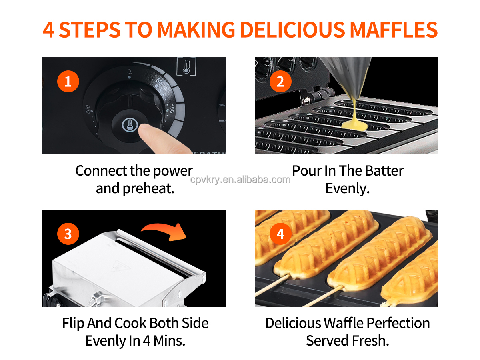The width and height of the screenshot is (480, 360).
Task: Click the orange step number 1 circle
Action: (x=68, y=81)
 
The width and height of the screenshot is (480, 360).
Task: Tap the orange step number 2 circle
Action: (x=280, y=81)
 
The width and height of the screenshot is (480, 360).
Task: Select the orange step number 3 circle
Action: (x=68, y=234)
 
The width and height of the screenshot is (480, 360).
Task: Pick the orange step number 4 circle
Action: (x=280, y=234)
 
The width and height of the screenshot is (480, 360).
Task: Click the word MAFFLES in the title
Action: (x=394, y=30)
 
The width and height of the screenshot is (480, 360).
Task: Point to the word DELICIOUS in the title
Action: (x=292, y=30)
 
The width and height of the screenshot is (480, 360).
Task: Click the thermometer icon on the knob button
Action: (x=130, y=125)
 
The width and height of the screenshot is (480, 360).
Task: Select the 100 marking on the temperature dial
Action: (x=172, y=109)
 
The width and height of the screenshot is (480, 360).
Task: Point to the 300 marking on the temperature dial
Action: (x=88, y=109)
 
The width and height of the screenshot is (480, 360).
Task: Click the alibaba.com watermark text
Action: (x=240, y=180)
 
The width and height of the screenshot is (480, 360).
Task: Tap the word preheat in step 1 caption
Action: (x=148, y=188)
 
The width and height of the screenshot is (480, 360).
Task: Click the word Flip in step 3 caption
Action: (x=73, y=324)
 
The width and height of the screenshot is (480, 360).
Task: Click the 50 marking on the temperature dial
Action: (x=159, y=81)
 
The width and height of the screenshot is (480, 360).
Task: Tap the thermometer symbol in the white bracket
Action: (x=186, y=66)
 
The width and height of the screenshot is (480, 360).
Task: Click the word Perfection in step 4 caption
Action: (x=398, y=323)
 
